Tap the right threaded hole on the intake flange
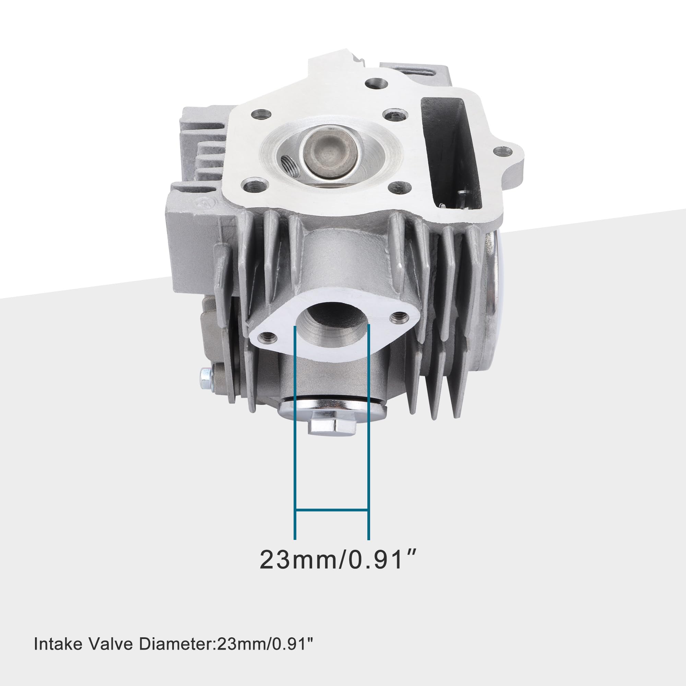(x=397, y=315)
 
